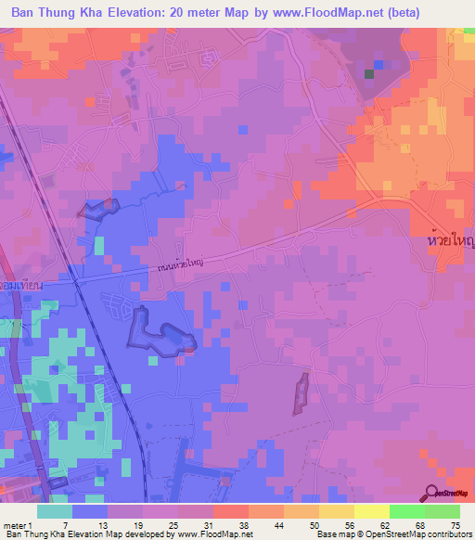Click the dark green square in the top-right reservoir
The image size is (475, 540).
370,73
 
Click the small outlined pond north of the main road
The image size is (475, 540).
97,209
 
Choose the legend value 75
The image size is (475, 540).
456,524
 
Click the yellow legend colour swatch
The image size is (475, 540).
336,511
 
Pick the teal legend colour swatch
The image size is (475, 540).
55,511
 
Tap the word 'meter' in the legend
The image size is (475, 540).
13,524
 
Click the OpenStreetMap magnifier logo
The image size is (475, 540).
433,493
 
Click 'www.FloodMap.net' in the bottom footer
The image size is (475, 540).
215,534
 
